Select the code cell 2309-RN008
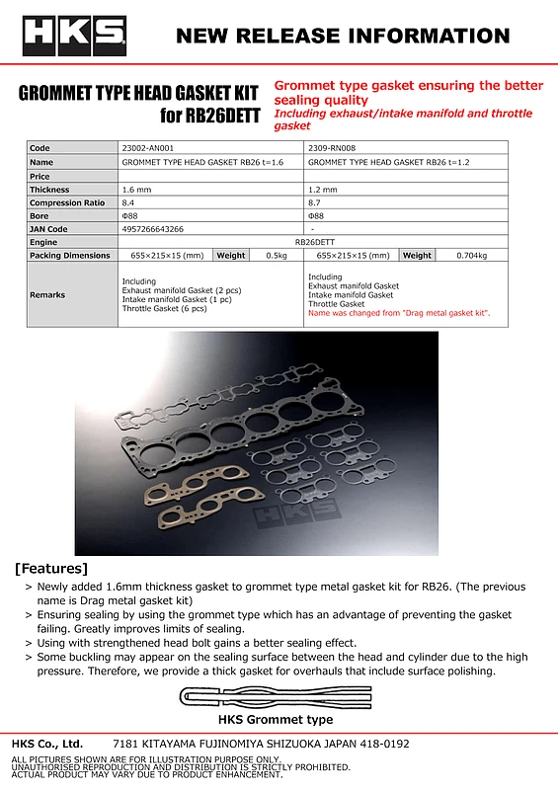pos(332,148)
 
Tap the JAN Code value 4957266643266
pos(153,228)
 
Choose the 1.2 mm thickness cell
pos(323,189)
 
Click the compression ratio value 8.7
pos(316,201)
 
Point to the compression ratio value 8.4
pos(129,201)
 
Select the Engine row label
pos(44,241)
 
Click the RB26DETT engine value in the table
pos(315,241)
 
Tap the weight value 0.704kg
pos(472,255)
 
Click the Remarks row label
pos(47,294)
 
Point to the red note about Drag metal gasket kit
pos(399,313)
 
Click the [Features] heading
pos(51,569)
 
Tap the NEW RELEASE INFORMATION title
pos(343,37)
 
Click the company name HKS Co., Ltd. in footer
pos(47,744)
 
